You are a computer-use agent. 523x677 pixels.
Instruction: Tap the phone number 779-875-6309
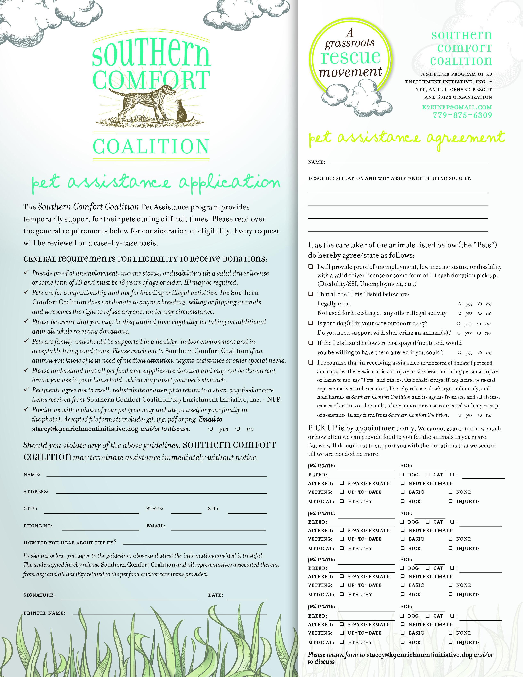462,115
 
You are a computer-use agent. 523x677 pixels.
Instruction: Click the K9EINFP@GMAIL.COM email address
457,107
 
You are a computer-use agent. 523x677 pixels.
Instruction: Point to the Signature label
39,595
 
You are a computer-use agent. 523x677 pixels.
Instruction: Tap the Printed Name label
44,613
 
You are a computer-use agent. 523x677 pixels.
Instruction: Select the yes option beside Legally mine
460,304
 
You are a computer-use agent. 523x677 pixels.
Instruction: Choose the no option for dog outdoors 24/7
479,324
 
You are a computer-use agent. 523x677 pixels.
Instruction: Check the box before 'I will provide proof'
311,266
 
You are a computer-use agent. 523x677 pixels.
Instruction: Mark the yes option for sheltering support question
459,333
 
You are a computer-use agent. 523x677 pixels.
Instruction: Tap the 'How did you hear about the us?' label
70,542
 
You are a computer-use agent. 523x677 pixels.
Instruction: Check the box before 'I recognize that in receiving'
311,362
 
